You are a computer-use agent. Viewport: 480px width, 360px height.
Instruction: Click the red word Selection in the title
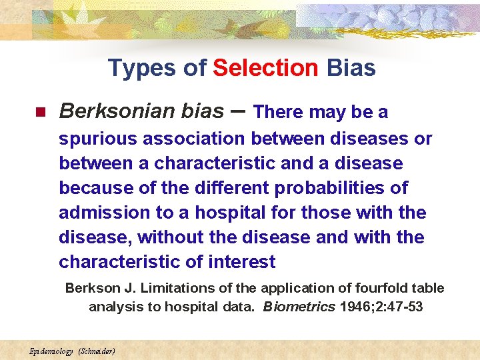pyautogui.click(x=265, y=67)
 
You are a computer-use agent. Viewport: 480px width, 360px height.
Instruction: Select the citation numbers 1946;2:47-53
pyautogui.click(x=381, y=307)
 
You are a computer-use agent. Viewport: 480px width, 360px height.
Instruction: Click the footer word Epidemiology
pyautogui.click(x=51, y=351)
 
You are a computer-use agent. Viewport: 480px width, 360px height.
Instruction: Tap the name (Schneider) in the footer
pyautogui.click(x=97, y=351)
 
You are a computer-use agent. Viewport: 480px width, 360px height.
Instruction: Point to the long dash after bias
pyautogui.click(x=238, y=111)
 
